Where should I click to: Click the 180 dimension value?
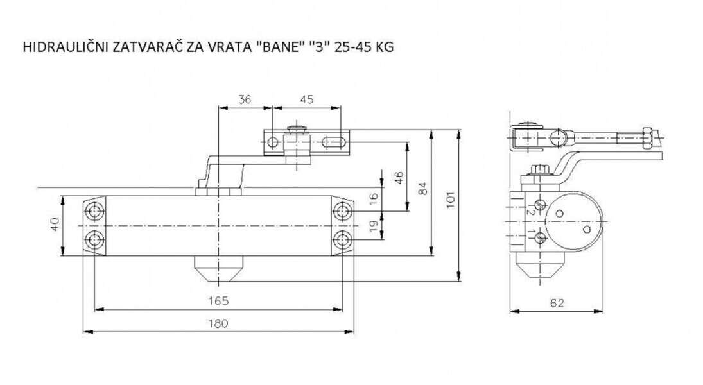pyautogui.click(x=218, y=324)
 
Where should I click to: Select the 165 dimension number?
pyautogui.click(x=218, y=301)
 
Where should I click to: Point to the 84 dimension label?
pyautogui.click(x=422, y=189)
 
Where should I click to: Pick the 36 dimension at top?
pyautogui.click(x=245, y=99)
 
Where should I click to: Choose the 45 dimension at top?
pyautogui.click(x=307, y=99)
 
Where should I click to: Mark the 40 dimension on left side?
pyautogui.click(x=55, y=225)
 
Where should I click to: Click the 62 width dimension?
pyautogui.click(x=557, y=304)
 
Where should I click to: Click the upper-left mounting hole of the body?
pyautogui.click(x=96, y=211)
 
